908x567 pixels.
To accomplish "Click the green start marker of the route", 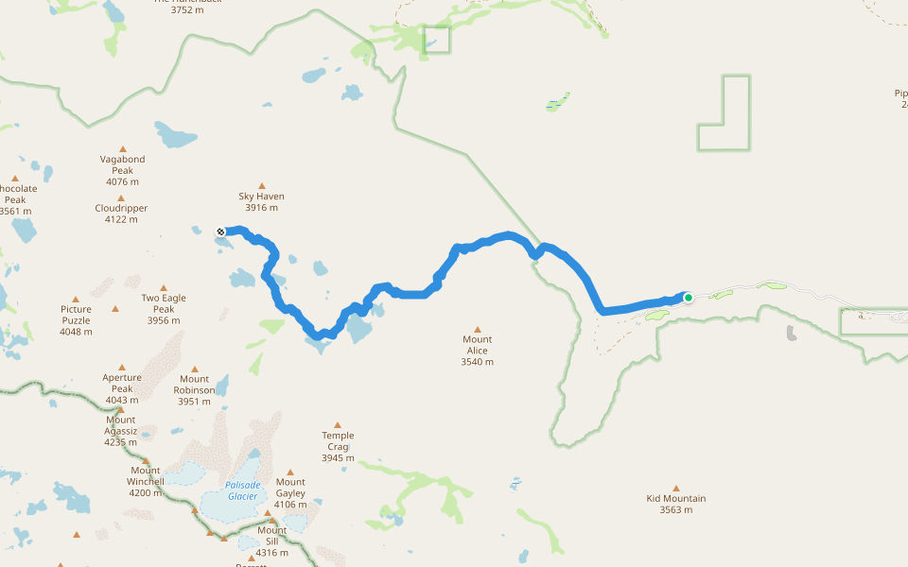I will pyautogui.click(x=689, y=298).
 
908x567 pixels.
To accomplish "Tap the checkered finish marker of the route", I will pyautogui.click(x=220, y=232).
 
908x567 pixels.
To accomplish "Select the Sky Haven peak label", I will pyautogui.click(x=261, y=202).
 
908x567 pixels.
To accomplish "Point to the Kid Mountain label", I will pyautogui.click(x=676, y=504).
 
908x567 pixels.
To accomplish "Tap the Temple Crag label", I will pyautogui.click(x=338, y=446).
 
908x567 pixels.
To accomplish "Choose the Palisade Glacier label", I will pyautogui.click(x=242, y=490).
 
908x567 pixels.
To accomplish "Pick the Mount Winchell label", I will pyautogui.click(x=146, y=481).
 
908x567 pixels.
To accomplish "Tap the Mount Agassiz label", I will pyautogui.click(x=121, y=425).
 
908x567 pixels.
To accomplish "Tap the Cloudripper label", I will pyautogui.click(x=121, y=214).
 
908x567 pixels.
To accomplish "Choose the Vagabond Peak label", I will pyautogui.click(x=122, y=170).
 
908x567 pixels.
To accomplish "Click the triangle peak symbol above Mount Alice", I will pyautogui.click(x=477, y=328).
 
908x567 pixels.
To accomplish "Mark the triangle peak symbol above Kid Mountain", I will pyautogui.click(x=676, y=488).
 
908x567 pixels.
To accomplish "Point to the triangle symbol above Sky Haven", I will pyautogui.click(x=262, y=186).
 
